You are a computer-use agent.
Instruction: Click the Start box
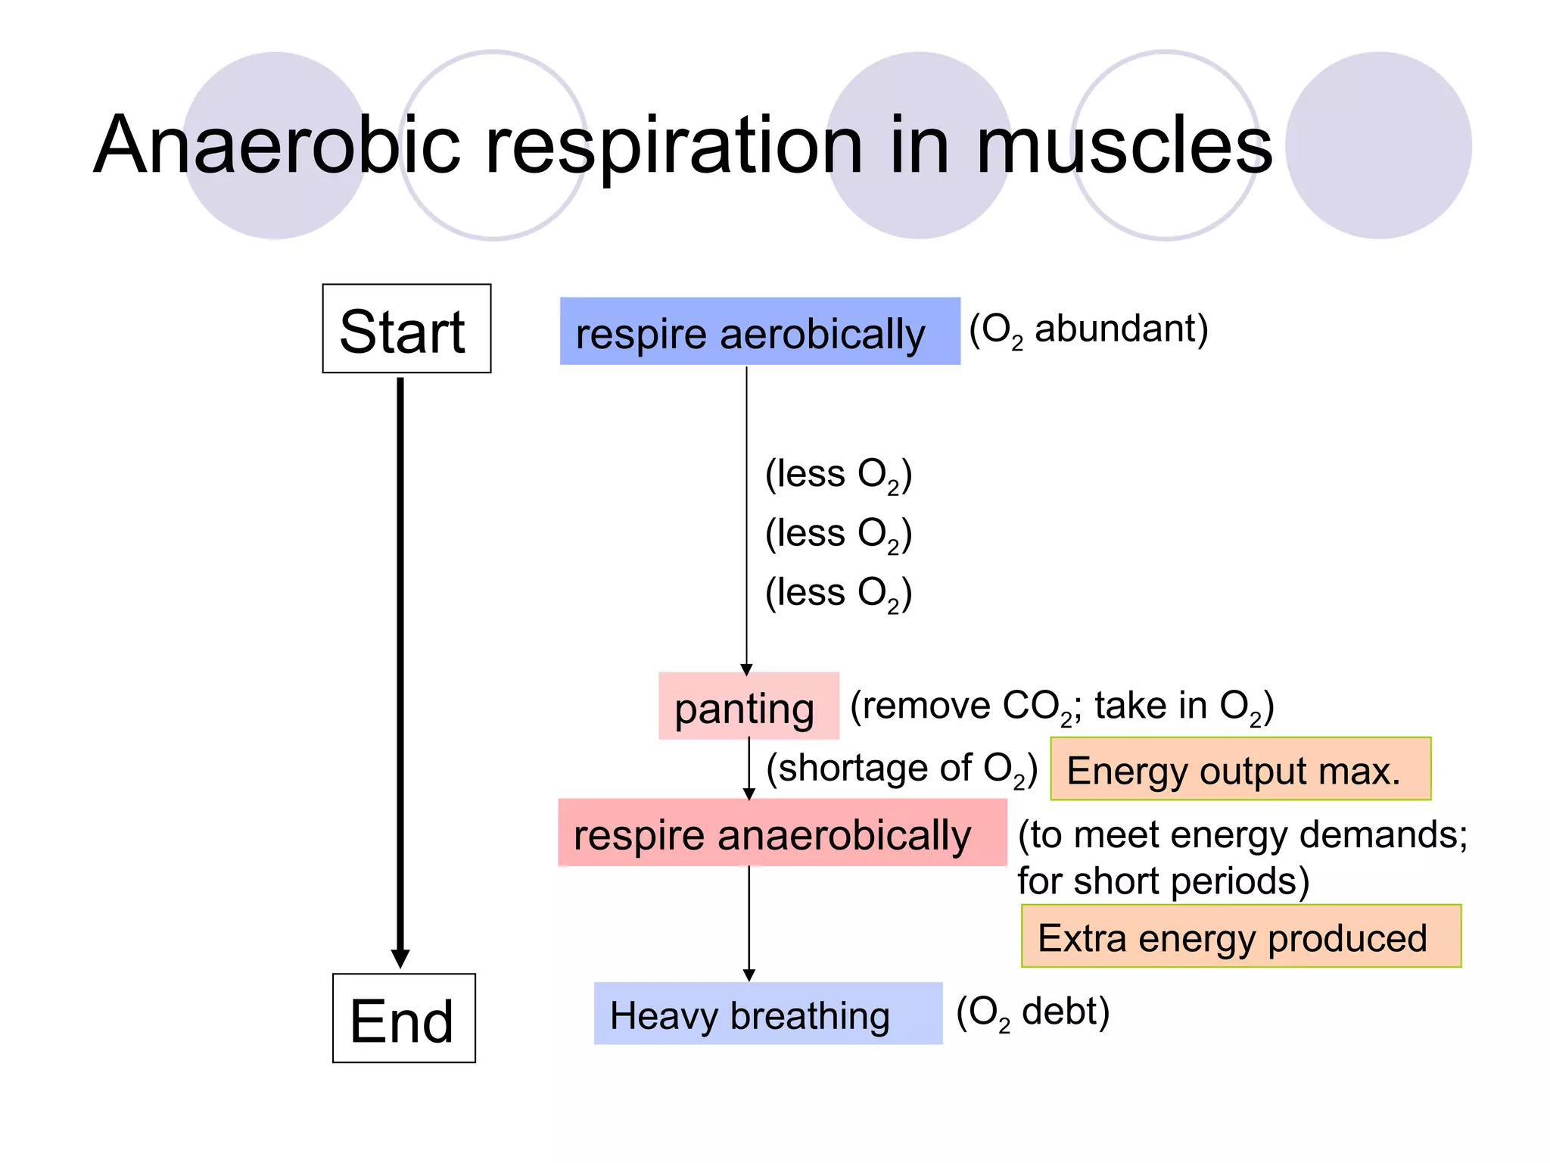[406, 329]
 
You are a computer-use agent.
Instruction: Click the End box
[403, 1018]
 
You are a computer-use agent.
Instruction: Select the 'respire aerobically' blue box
[759, 332]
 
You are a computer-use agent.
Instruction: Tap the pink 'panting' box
[748, 706]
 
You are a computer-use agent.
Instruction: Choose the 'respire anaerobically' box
[782, 833]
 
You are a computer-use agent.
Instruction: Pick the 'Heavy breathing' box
[767, 1014]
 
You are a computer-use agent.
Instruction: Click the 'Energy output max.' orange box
[1240, 769]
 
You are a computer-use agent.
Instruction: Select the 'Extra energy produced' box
[1240, 937]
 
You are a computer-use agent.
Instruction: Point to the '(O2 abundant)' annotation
[1088, 330]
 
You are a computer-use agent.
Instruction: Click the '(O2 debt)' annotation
[1032, 1012]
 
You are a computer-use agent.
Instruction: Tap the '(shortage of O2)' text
[901, 769]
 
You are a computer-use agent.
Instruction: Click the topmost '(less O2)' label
[838, 475]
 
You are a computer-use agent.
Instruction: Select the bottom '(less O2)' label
[838, 594]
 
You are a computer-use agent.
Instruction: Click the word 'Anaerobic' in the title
[277, 145]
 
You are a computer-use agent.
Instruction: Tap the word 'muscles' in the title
[1124, 145]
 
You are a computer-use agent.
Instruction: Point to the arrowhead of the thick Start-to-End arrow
[400, 959]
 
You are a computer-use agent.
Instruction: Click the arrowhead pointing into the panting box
[746, 669]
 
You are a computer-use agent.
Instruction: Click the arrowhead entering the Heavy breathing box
[749, 976]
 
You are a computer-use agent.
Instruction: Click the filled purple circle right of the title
[1378, 145]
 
